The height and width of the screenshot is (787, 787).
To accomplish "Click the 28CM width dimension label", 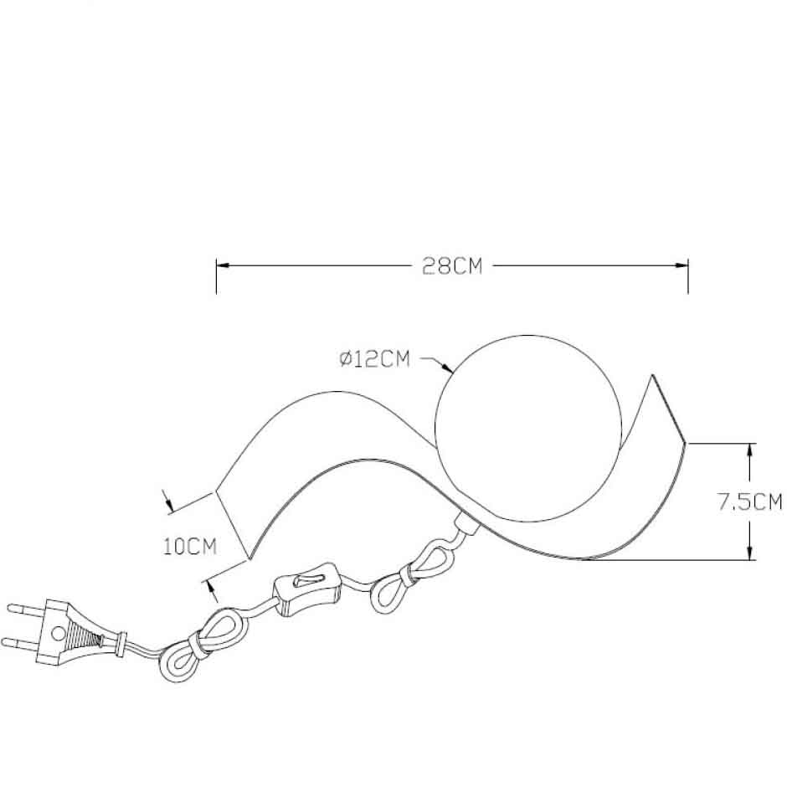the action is point(452,266).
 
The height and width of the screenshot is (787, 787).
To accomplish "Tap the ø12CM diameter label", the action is point(374,359).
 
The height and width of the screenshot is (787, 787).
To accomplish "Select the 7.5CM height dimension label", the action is point(748,502).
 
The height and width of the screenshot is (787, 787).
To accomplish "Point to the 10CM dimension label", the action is point(190,547).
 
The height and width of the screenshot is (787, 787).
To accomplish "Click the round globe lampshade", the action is point(529,429).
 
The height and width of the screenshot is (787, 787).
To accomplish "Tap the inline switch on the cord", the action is point(307,589).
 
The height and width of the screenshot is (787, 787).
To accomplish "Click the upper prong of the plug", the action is point(27,610).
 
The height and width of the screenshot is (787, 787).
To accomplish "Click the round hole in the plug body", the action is point(59,634).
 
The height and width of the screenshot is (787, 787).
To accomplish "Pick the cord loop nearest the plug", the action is point(201,645).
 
